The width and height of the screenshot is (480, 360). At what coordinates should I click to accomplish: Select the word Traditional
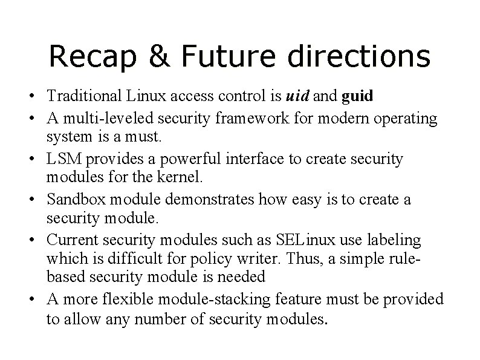pyautogui.click(x=83, y=96)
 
